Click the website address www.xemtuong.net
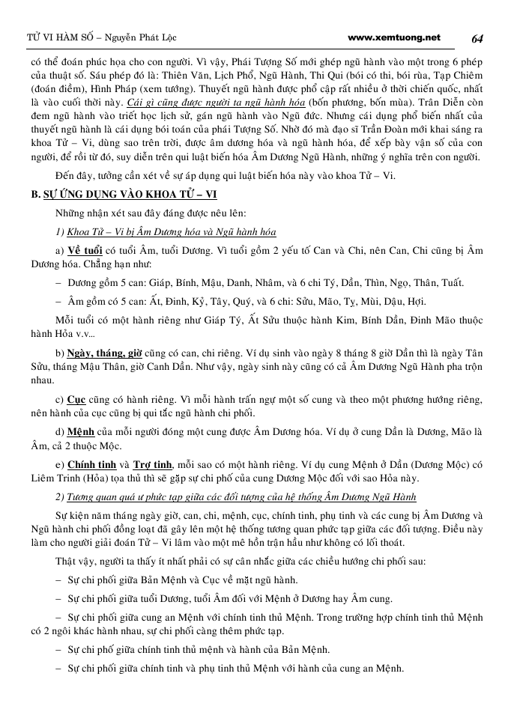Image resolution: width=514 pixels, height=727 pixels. [x=394, y=37]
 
